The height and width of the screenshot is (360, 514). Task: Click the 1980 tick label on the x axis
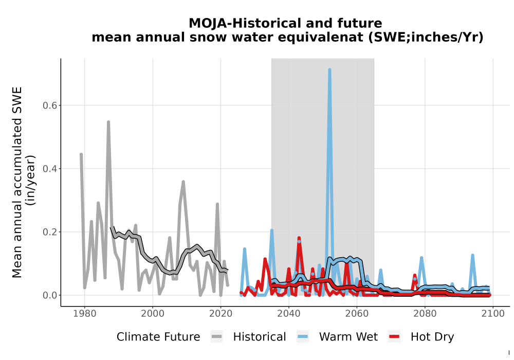85,313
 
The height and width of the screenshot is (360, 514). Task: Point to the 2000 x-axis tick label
153,313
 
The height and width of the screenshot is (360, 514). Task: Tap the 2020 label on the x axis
221,313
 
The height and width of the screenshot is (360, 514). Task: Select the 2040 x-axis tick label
289,313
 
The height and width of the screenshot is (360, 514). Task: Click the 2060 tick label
357,313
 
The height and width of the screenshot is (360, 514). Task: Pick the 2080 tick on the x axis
425,313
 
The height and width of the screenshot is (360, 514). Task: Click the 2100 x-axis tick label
493,313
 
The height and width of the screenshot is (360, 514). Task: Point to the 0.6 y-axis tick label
50,105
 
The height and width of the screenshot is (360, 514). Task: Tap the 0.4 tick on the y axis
50,169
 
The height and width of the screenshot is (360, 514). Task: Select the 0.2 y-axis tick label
50,232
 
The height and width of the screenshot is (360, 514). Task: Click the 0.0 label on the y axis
50,295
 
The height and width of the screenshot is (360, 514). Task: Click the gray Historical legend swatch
217,337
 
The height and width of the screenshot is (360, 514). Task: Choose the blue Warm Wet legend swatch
303,337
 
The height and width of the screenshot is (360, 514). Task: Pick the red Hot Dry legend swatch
394,337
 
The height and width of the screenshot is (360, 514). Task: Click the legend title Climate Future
158,337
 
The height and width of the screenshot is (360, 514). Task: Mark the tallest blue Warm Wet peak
329,70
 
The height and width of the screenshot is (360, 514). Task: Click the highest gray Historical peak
108,122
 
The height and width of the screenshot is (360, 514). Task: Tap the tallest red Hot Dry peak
299,238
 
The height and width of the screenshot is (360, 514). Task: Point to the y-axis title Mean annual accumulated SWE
17,182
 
